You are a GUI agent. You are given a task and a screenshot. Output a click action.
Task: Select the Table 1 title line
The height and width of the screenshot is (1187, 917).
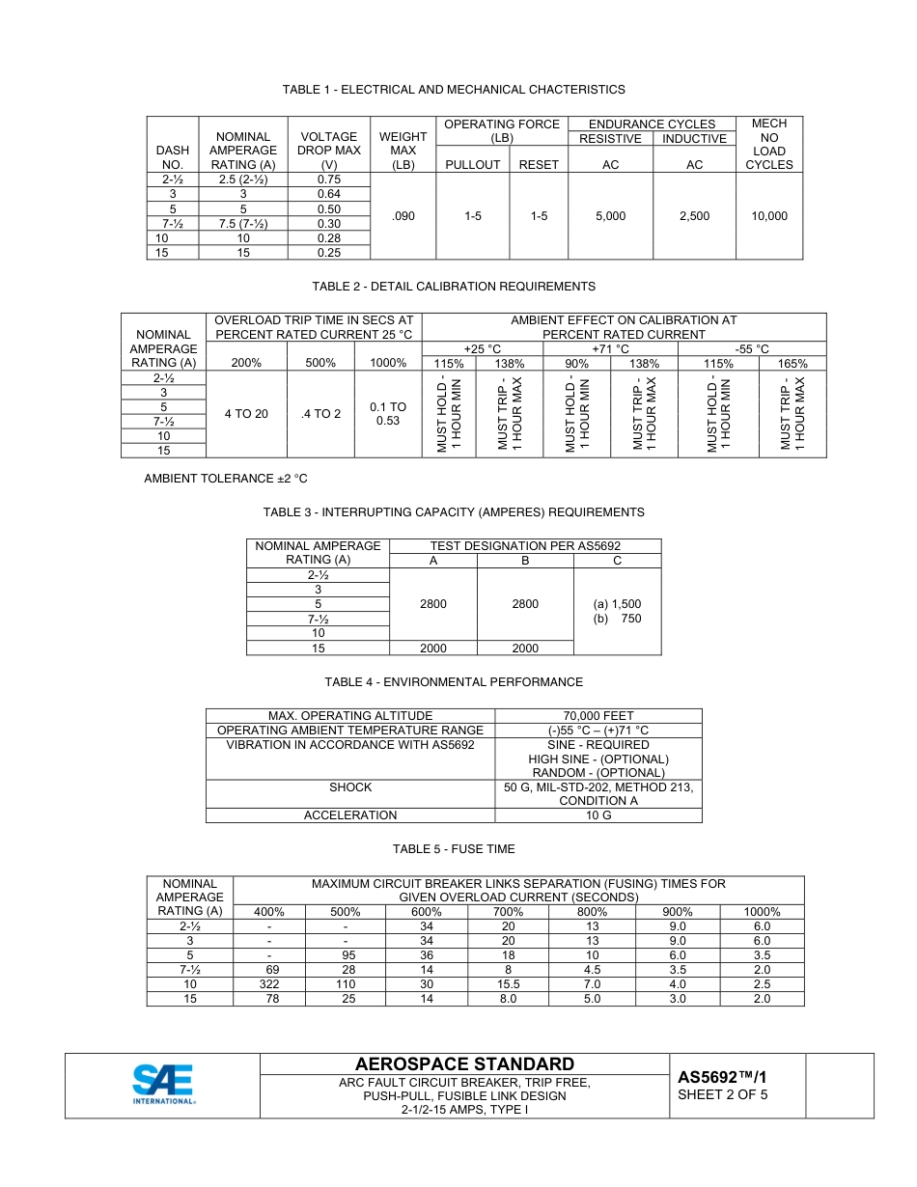click(x=454, y=90)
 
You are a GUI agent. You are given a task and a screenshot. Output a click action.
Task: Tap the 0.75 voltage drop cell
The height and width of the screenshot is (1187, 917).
click(x=328, y=179)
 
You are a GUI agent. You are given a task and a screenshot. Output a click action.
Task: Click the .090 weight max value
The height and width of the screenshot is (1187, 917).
click(x=403, y=216)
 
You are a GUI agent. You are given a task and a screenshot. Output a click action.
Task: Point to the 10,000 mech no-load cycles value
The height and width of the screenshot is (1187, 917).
click(x=768, y=216)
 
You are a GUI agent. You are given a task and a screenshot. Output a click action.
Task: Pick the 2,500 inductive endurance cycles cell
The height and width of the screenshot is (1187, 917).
click(x=694, y=216)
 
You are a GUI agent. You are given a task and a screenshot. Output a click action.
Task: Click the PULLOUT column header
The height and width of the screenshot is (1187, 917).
click(x=472, y=165)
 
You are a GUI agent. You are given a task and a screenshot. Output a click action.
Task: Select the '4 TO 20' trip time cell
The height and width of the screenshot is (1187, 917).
click(x=246, y=414)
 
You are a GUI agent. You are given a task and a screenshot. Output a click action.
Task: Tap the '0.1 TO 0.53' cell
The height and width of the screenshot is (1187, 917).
click(x=388, y=414)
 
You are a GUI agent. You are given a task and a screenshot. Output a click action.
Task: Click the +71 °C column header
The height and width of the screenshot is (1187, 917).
click(x=611, y=349)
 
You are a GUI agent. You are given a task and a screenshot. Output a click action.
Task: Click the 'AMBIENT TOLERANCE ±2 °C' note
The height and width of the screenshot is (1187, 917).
click(x=226, y=479)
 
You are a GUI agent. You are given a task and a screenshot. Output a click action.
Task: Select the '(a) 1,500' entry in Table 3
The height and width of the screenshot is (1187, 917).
click(x=617, y=604)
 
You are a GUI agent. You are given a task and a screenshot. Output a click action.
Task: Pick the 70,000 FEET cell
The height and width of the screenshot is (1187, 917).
click(x=598, y=716)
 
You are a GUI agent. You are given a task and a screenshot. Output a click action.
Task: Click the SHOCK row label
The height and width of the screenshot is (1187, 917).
click(x=350, y=787)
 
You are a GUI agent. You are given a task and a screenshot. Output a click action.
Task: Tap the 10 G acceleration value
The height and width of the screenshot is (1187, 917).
click(x=598, y=815)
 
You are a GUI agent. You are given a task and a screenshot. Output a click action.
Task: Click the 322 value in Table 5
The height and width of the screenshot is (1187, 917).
click(x=269, y=984)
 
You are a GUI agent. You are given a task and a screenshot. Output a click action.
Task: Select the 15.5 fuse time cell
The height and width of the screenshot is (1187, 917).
click(x=509, y=984)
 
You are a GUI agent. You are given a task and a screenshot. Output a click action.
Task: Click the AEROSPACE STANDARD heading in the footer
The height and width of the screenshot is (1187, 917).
click(x=464, y=1064)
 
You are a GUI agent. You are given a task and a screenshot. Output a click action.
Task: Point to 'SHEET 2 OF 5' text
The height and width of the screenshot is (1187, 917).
click(x=723, y=1095)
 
